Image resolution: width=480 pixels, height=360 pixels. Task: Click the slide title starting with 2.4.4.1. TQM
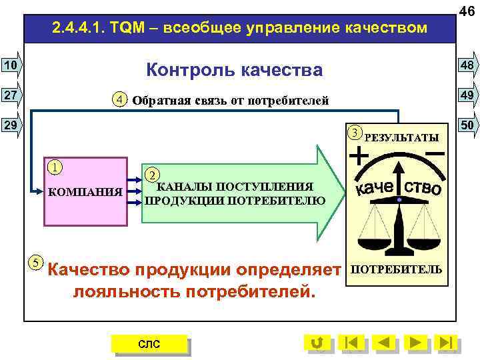(239, 29)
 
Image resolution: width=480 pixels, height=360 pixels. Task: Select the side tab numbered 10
(11, 65)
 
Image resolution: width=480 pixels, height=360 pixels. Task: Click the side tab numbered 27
(11, 95)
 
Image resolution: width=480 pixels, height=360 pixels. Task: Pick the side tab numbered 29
(11, 125)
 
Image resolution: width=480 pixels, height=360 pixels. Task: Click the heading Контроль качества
(234, 69)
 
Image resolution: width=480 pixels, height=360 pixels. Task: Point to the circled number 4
(119, 100)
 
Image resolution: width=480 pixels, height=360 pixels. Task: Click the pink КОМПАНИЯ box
(85, 192)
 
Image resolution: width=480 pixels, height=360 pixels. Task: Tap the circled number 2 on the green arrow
(152, 175)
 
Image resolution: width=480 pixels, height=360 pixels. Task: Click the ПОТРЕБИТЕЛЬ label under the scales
(396, 269)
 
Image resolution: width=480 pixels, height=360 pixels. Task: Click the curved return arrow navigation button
(317, 343)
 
